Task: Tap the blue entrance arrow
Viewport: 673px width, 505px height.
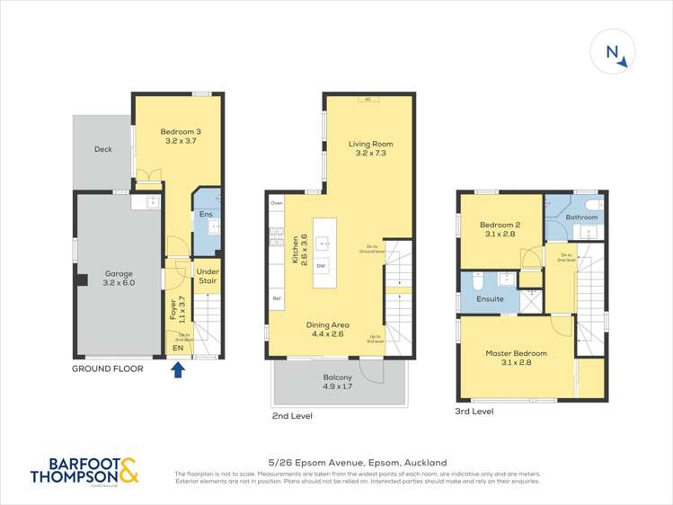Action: point(178,368)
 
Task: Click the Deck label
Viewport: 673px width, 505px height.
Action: point(103,149)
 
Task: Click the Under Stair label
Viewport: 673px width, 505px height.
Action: point(208,276)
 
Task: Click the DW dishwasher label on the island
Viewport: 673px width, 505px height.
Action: point(322,267)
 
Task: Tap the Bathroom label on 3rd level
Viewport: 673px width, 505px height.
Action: point(581,217)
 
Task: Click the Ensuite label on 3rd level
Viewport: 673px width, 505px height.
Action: point(490,298)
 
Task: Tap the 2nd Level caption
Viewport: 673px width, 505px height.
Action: point(292,417)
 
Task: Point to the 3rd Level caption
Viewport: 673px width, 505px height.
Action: point(474,412)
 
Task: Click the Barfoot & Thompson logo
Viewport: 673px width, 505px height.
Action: point(84,471)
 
